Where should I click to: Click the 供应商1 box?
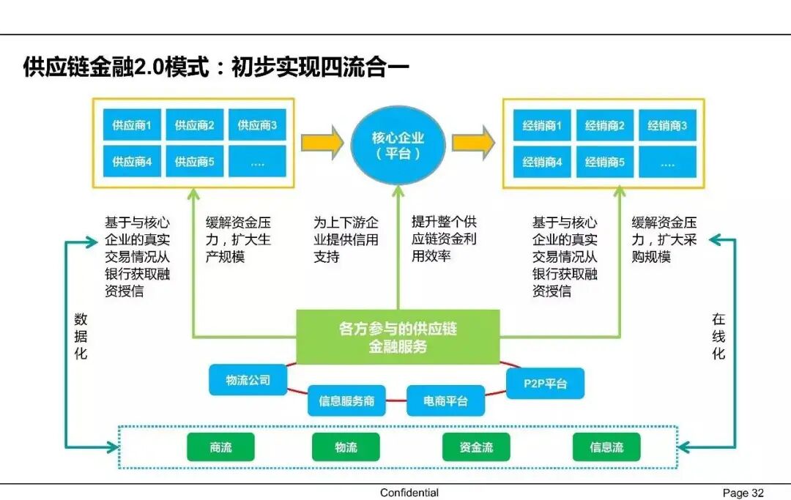[132, 125]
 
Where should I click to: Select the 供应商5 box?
[194, 162]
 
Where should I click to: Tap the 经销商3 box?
[666, 126]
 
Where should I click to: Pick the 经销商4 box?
[542, 163]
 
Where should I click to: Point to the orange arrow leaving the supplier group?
[322, 143]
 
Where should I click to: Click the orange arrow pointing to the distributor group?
[473, 143]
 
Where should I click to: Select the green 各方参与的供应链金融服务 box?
[398, 337]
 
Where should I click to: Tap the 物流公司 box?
[248, 380]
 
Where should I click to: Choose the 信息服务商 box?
[346, 401]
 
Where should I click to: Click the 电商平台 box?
[445, 401]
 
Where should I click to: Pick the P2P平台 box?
[545, 383]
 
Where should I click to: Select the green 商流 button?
[220, 447]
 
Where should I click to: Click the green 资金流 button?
[476, 447]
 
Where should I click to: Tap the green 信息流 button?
[606, 447]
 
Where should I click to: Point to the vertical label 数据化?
[81, 336]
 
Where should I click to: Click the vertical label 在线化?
[718, 336]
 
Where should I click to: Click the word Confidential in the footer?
[409, 493]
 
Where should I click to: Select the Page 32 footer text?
[743, 493]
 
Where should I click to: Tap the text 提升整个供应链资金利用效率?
[444, 239]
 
